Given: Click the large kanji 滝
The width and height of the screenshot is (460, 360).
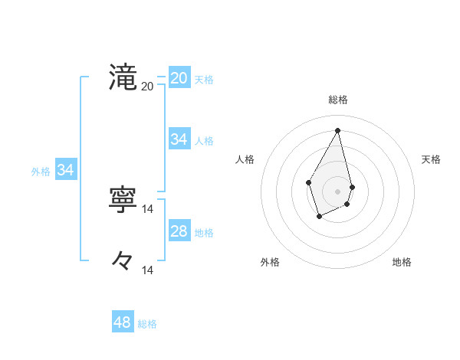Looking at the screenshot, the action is (x=123, y=77).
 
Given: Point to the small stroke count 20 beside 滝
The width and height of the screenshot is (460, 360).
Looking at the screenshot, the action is (x=147, y=86).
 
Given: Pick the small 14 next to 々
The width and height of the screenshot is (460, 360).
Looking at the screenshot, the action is (x=148, y=270).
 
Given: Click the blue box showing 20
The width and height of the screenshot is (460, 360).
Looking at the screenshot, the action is (x=179, y=78).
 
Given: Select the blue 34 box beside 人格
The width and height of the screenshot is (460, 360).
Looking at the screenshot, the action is (x=179, y=139).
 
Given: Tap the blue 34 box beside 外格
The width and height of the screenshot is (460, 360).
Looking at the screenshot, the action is (x=65, y=171).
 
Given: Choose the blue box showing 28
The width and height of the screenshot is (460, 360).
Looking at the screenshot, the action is (x=179, y=231).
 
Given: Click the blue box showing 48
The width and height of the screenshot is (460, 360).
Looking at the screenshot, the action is (x=123, y=322).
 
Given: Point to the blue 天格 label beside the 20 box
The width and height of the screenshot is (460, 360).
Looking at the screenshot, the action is (x=204, y=80).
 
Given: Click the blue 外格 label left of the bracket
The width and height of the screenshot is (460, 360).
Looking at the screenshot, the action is (x=41, y=172).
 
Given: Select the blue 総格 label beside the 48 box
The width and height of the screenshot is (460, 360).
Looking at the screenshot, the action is (x=147, y=324).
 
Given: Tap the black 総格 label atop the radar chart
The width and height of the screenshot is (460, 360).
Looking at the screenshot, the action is (x=338, y=100).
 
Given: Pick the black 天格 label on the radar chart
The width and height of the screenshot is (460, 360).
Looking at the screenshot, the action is (x=431, y=159).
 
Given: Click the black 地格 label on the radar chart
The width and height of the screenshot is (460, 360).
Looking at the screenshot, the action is (x=402, y=262).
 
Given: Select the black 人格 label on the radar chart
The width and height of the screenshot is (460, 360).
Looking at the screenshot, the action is (x=245, y=159).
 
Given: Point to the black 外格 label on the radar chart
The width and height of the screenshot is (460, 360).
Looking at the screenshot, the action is (x=270, y=262).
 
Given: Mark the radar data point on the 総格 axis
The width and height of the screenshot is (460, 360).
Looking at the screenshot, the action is (x=338, y=130).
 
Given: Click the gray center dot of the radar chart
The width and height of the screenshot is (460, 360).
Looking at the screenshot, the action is (x=338, y=191).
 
